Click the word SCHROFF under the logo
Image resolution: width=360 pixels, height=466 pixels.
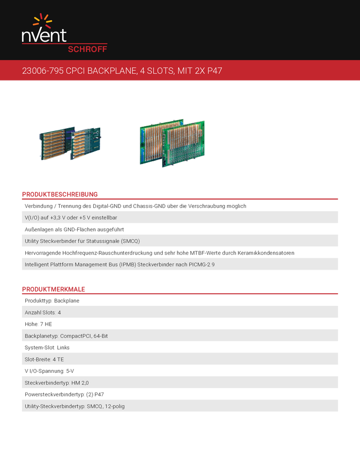point(87,48)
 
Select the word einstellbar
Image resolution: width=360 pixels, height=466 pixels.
point(122,218)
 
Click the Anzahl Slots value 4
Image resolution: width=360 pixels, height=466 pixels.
point(59,312)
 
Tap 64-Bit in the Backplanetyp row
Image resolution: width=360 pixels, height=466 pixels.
point(101,336)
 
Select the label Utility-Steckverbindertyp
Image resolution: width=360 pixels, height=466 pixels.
point(54,406)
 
